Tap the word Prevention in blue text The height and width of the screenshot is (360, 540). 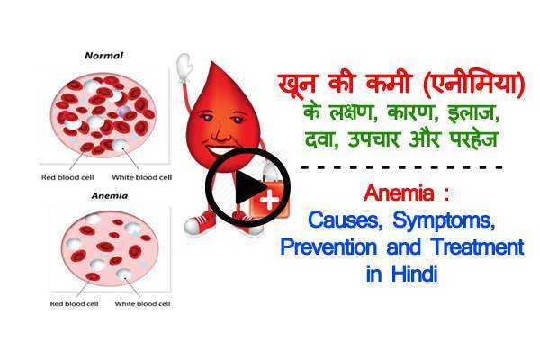(x=332, y=247)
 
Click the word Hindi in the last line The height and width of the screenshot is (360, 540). (x=413, y=275)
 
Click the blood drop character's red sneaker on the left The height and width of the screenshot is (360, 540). (x=205, y=221)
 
